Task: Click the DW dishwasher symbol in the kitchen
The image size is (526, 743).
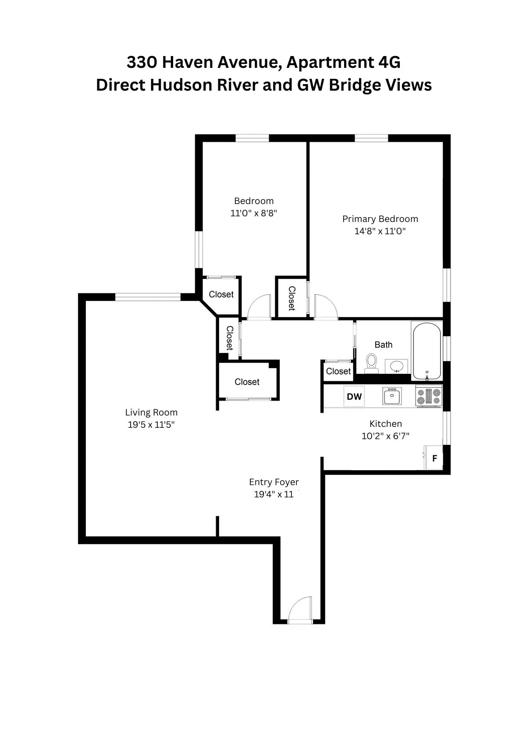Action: pos(354,397)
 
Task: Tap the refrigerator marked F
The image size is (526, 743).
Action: pos(434,458)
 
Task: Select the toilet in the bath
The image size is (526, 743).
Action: pos(372,364)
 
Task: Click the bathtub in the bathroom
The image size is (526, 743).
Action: pos(426,351)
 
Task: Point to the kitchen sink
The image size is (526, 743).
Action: pos(391,397)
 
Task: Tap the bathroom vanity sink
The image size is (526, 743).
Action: pos(398,366)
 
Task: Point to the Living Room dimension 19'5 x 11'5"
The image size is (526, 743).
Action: pos(151,425)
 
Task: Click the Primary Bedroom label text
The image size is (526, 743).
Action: pos(380,219)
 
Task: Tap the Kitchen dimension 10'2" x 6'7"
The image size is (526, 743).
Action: pos(385,436)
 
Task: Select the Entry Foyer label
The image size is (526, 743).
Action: pos(274,482)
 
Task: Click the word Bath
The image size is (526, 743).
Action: pos(384,345)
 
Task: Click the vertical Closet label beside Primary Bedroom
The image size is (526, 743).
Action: pos(291,298)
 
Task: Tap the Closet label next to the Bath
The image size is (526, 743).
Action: pos(338,371)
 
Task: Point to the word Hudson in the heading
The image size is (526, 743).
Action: pos(177,85)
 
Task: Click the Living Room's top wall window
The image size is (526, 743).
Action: pos(148,297)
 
